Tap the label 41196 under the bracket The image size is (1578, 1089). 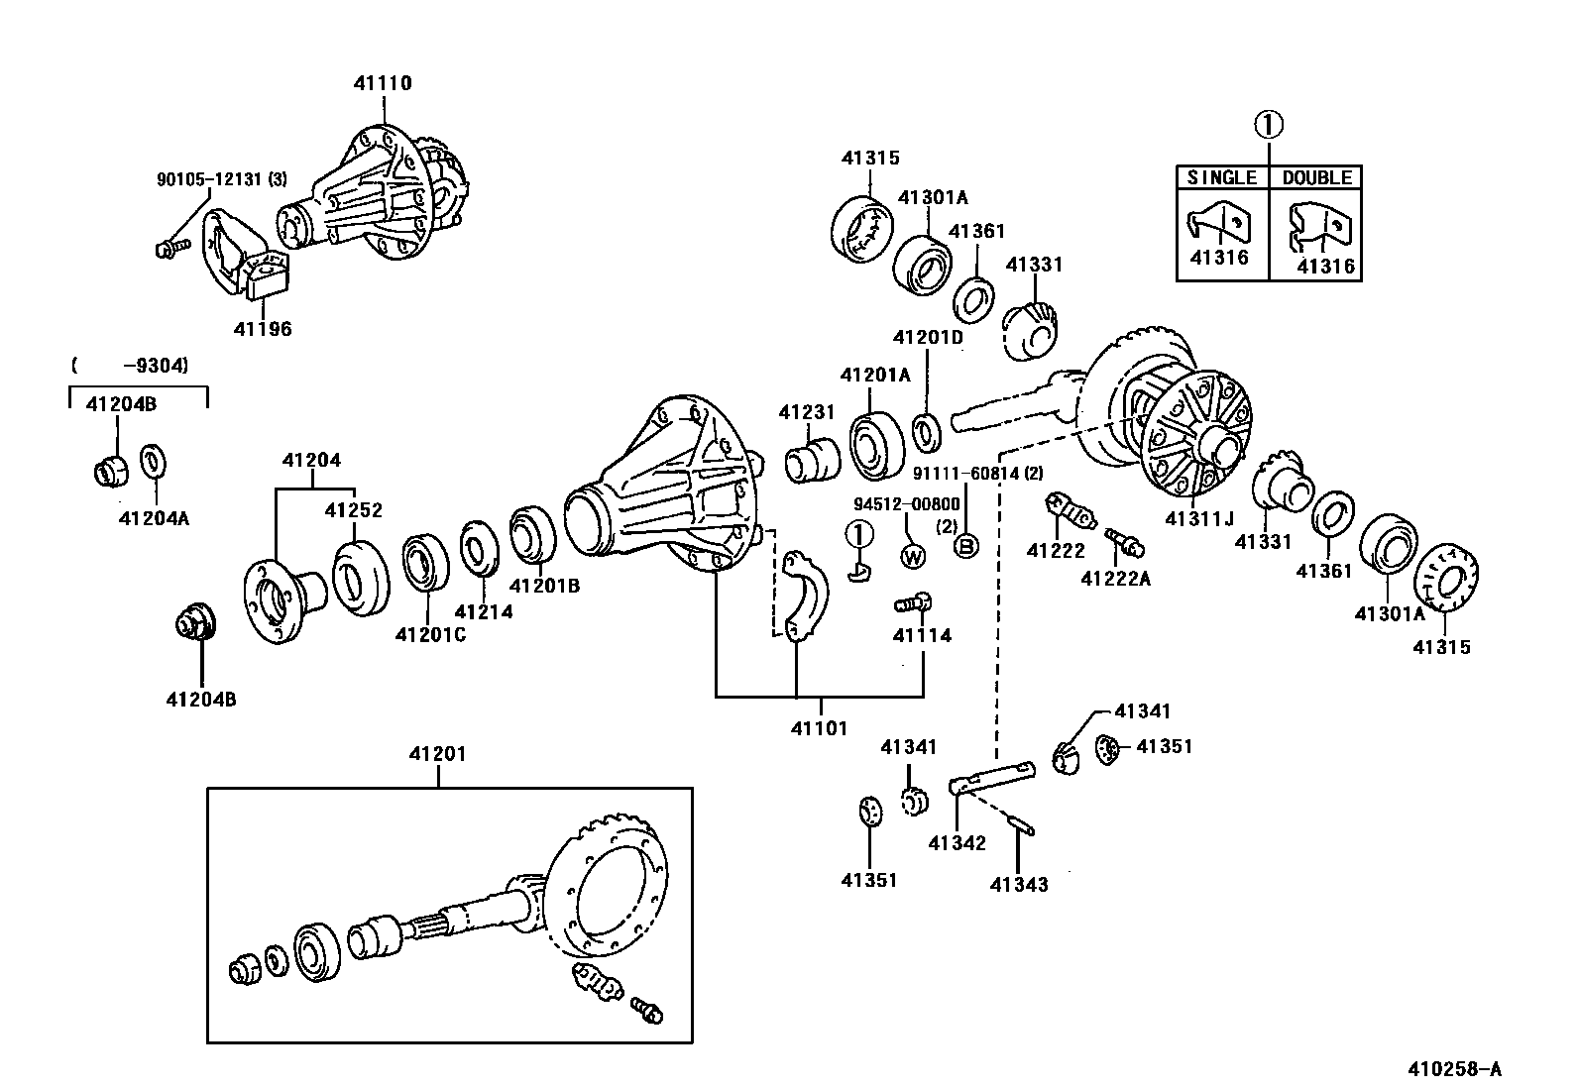pyautogui.click(x=263, y=329)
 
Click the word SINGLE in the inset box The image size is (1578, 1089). pyautogui.click(x=1222, y=177)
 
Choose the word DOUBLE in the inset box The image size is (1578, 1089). pyautogui.click(x=1316, y=177)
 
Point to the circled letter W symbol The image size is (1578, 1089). pyautogui.click(x=913, y=558)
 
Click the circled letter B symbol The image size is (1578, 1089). pyautogui.click(x=965, y=546)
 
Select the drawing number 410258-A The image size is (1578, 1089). pyautogui.click(x=1455, y=1069)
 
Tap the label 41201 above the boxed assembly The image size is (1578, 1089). pyautogui.click(x=437, y=754)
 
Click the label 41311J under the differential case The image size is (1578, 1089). pyautogui.click(x=1199, y=518)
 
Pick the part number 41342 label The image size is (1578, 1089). pyautogui.click(x=957, y=843)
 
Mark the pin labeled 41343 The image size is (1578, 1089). pyautogui.click(x=1024, y=822)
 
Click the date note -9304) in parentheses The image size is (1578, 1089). pyautogui.click(x=156, y=366)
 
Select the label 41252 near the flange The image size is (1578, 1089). pyautogui.click(x=354, y=510)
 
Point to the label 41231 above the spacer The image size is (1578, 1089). pyautogui.click(x=806, y=412)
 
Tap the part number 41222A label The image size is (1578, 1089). pyautogui.click(x=1115, y=579)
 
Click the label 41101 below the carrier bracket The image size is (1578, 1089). pyautogui.click(x=819, y=728)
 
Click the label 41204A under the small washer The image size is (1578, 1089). pyautogui.click(x=154, y=516)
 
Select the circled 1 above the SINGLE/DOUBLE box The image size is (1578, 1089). pyautogui.click(x=1269, y=125)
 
